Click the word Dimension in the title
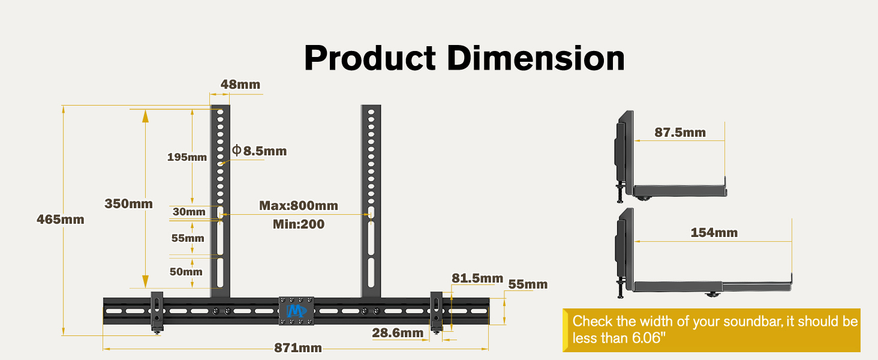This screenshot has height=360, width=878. tap(536, 58)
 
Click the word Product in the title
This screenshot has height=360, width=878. tap(370, 58)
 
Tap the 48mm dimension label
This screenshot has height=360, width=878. tap(240, 85)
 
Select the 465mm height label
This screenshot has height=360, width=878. tap(61, 219)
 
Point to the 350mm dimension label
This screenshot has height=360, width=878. tap(128, 203)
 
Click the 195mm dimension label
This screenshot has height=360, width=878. tap(187, 157)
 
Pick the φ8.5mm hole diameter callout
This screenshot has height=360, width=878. tap(260, 151)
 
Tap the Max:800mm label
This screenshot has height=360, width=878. tap(299, 205)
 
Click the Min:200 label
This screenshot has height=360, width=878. tap(299, 224)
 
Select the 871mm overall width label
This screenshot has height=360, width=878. tap(298, 347)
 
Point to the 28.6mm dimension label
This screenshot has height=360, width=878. tap(398, 333)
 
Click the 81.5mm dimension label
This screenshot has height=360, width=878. tap(477, 278)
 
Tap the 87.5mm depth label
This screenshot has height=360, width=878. tap(680, 132)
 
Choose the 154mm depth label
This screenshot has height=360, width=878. tap(714, 233)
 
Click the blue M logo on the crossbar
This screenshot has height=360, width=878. tap(296, 311)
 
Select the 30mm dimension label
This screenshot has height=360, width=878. tap(189, 212)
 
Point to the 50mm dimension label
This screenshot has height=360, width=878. tap(186, 272)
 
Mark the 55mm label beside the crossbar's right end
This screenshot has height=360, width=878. tap(528, 284)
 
